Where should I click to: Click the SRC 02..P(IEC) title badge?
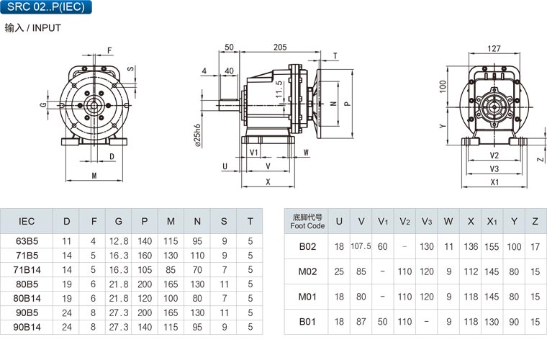(46, 6)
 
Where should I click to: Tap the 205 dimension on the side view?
(280, 47)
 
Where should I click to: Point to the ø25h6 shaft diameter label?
(198, 135)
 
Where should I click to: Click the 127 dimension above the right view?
(494, 48)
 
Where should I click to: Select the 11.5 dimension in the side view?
(279, 89)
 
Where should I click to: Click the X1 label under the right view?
(494, 182)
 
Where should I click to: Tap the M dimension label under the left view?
(94, 176)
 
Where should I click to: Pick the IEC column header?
(27, 221)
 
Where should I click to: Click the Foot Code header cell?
(307, 222)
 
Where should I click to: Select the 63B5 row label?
(27, 241)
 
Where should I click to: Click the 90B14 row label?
(27, 327)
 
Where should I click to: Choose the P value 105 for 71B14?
(145, 270)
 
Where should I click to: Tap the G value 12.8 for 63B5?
(119, 241)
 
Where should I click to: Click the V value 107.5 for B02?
(361, 246)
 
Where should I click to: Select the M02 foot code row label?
(307, 271)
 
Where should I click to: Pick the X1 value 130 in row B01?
(492, 322)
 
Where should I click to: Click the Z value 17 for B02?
(535, 247)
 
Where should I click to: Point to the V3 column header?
(427, 222)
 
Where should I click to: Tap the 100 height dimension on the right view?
(443, 86)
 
